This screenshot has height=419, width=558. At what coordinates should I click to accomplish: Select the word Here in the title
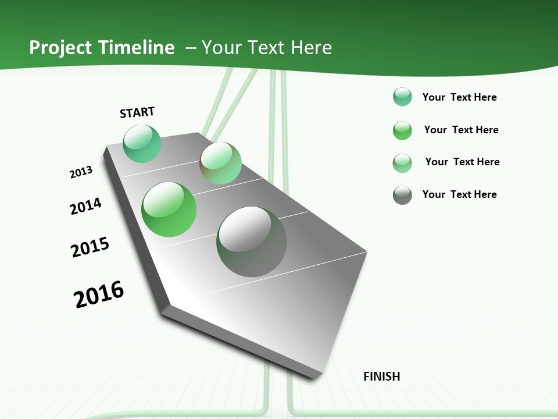click(311, 48)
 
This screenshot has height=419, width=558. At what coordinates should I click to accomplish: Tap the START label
click(137, 112)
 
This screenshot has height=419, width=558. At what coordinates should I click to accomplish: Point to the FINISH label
click(382, 377)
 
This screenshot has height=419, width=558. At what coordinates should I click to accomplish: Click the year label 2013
click(81, 172)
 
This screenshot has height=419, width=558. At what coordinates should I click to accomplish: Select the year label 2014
click(85, 206)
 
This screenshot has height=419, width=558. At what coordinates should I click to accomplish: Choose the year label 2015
click(90, 247)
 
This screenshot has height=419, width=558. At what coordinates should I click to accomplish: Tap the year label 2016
click(99, 294)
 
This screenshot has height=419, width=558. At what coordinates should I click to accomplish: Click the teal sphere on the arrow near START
click(142, 144)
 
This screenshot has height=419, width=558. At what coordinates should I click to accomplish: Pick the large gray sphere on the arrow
click(252, 242)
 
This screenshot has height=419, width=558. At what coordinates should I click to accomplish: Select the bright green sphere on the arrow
click(169, 210)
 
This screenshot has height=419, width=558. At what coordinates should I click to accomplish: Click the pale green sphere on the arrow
click(220, 163)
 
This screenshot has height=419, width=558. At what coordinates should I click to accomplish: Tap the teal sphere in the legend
click(402, 97)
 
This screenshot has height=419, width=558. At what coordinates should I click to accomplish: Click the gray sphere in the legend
click(402, 195)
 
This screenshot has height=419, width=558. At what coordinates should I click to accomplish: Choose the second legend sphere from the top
click(402, 130)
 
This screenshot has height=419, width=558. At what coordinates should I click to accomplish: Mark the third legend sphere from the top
click(402, 163)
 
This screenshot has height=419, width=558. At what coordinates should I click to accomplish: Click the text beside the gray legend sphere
click(459, 194)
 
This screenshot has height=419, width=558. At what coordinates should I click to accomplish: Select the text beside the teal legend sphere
click(459, 97)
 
